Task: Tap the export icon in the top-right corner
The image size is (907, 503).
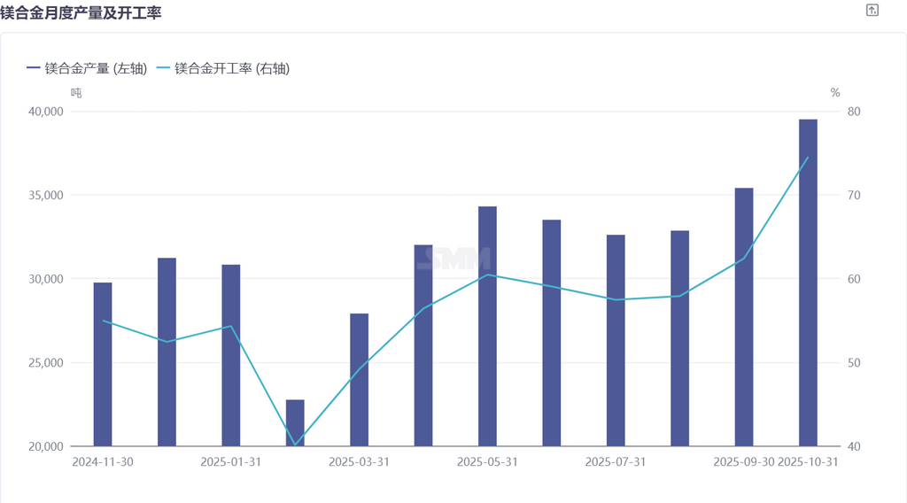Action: pos(872,11)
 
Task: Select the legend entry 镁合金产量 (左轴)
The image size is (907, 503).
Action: pos(87,68)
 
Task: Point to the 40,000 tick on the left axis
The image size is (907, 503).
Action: pos(45,112)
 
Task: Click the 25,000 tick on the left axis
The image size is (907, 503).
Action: pos(45,363)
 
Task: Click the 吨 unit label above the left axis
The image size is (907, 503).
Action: pos(76,92)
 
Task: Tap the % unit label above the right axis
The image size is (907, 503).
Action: pos(834,92)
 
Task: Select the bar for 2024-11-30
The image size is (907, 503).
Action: pos(103,364)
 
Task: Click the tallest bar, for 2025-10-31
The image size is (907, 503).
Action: pos(808,282)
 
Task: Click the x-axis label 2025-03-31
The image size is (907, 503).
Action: pos(359,462)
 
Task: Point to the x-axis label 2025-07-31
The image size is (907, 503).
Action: pos(616,462)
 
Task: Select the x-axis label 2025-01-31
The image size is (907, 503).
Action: pos(230,462)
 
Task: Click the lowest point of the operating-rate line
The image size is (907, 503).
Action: pos(295,445)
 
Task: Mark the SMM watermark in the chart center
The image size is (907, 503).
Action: pos(453,259)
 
